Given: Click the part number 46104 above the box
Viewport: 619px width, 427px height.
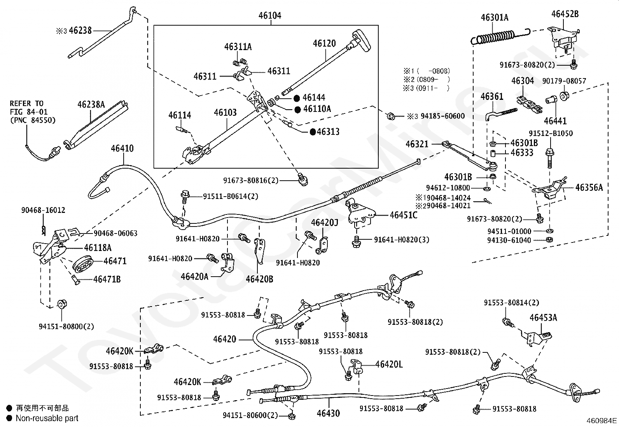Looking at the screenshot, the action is tap(270, 15).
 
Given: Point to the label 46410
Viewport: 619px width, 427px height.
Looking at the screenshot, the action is tap(122, 148).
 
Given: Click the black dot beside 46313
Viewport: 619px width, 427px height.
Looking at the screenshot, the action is tap(313, 132).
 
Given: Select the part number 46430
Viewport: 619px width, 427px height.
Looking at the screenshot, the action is tap(328, 413).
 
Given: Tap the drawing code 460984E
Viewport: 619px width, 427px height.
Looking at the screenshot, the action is tap(602, 421).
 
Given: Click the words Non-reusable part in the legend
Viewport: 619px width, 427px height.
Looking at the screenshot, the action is tap(47, 418).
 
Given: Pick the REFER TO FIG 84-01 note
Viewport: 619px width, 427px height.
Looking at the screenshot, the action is tap(33, 112).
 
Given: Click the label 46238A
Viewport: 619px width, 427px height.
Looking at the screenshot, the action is tap(91, 105).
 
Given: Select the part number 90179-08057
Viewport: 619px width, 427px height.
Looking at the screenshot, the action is tap(564, 81).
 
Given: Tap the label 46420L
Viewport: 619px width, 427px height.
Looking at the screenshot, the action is tap(389, 364).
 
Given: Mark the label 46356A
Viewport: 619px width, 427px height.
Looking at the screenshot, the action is tap(589, 188).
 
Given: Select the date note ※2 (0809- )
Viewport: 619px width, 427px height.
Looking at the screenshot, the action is tap(427, 80).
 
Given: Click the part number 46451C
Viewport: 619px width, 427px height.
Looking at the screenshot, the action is tap(404, 215).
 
